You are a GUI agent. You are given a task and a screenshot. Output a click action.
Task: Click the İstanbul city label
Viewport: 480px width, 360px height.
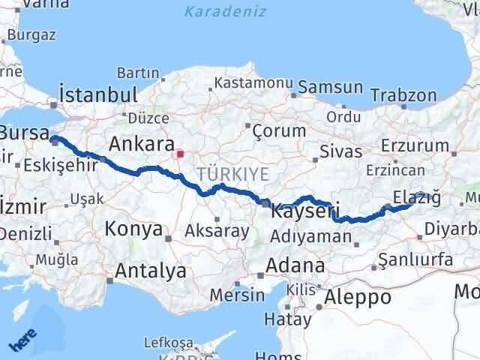99,96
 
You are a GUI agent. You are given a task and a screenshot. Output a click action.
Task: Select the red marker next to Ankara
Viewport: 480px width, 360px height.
179,155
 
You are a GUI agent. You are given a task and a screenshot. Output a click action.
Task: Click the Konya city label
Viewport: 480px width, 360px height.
133,229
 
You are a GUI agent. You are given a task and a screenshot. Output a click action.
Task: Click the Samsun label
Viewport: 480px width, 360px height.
330,88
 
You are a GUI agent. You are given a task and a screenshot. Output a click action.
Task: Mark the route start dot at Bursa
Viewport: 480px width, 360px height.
55,138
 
